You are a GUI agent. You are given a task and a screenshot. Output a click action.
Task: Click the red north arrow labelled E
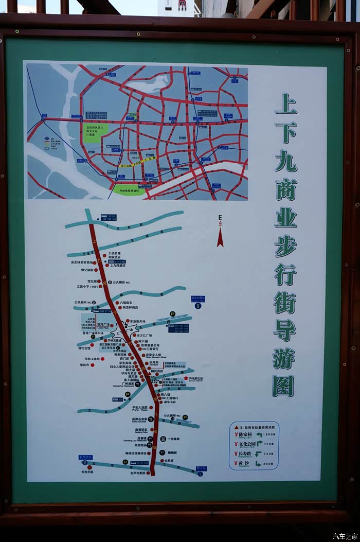220,237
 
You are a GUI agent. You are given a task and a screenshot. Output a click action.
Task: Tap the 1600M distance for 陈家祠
267,434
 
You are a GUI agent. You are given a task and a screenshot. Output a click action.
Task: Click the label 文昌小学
86,287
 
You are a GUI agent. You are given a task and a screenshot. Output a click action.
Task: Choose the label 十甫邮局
173,439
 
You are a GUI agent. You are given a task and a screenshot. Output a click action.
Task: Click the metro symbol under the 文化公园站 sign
198,305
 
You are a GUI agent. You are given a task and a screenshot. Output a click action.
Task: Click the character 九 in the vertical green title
285,161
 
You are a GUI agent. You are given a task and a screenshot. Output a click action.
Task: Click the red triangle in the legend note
236,427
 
